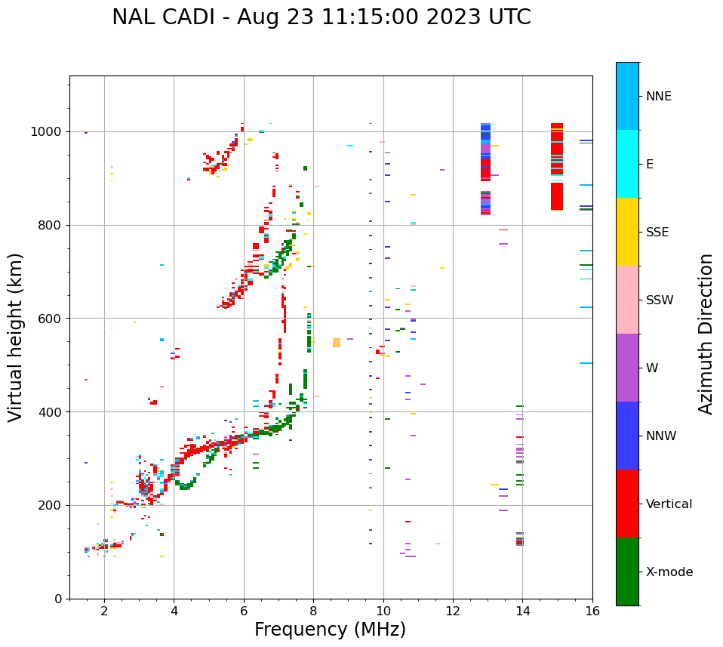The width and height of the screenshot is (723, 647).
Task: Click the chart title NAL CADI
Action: tap(321, 17)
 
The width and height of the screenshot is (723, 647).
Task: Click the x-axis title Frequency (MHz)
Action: tap(330, 630)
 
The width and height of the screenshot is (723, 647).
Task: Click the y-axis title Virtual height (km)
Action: tap(16, 337)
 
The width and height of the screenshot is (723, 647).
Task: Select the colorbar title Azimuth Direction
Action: tap(706, 334)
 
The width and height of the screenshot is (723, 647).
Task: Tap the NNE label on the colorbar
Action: tap(658, 97)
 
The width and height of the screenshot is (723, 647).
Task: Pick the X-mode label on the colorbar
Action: tap(669, 572)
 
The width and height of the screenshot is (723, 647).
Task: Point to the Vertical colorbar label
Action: tap(669, 504)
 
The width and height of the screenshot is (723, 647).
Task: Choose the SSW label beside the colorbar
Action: tap(659, 300)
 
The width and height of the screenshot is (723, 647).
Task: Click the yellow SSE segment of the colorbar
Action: tap(627, 232)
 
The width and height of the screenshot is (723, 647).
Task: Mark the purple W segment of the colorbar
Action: tap(627, 368)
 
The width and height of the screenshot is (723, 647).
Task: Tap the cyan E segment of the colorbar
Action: tap(627, 164)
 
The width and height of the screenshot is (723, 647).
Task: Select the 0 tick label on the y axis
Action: tap(60, 599)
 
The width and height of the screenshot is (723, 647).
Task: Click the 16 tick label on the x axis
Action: tap(592, 611)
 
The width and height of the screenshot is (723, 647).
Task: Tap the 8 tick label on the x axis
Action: tap(313, 611)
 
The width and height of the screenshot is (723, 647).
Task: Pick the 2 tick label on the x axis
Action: tap(104, 611)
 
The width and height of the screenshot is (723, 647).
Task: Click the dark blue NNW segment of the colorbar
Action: tap(627, 436)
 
